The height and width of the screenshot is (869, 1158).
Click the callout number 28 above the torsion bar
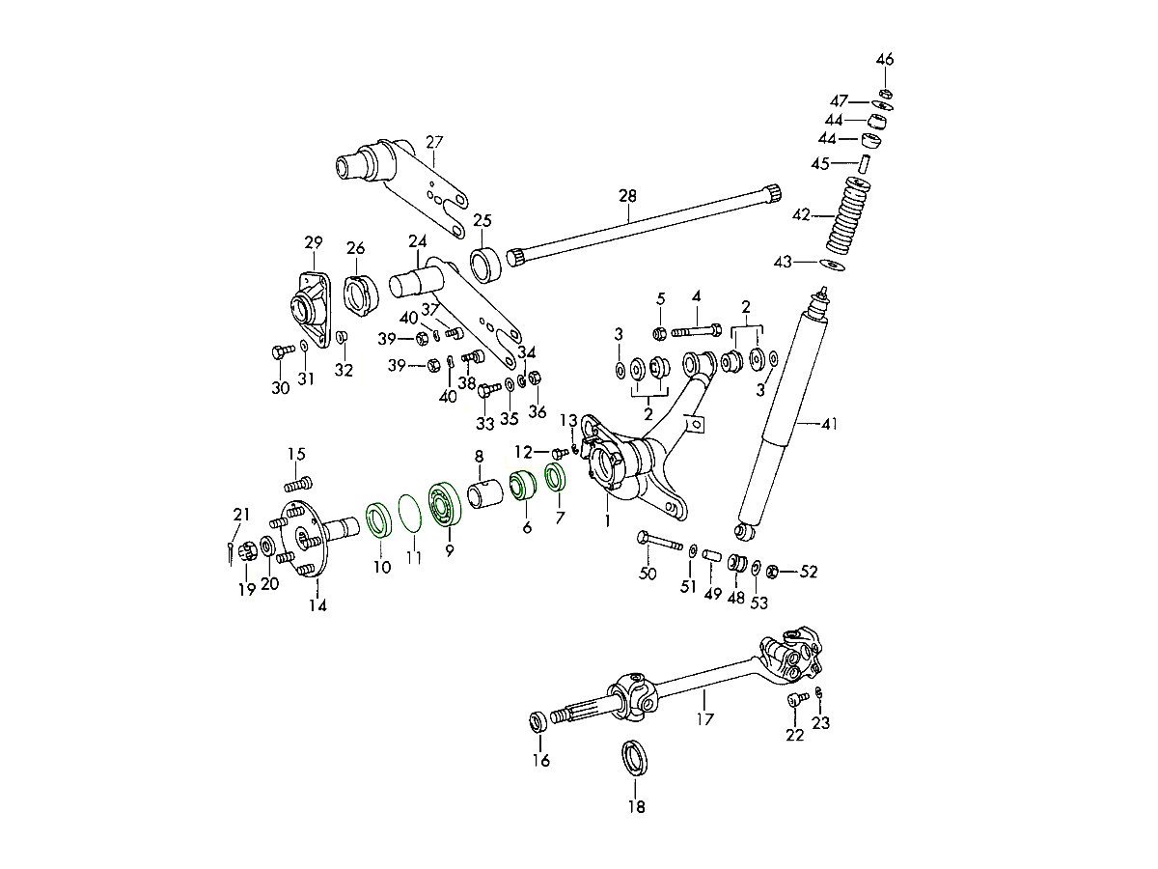click(x=627, y=197)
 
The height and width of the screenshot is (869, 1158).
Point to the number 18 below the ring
click(x=637, y=807)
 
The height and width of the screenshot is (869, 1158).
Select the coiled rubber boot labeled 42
click(x=847, y=217)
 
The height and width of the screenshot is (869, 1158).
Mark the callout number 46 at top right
click(x=885, y=60)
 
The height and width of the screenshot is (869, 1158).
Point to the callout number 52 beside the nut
click(x=809, y=572)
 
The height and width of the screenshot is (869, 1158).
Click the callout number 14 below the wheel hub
click(x=317, y=606)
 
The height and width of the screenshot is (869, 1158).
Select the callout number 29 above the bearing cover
click(x=313, y=241)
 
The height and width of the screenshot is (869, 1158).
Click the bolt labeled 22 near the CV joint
click(x=797, y=699)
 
